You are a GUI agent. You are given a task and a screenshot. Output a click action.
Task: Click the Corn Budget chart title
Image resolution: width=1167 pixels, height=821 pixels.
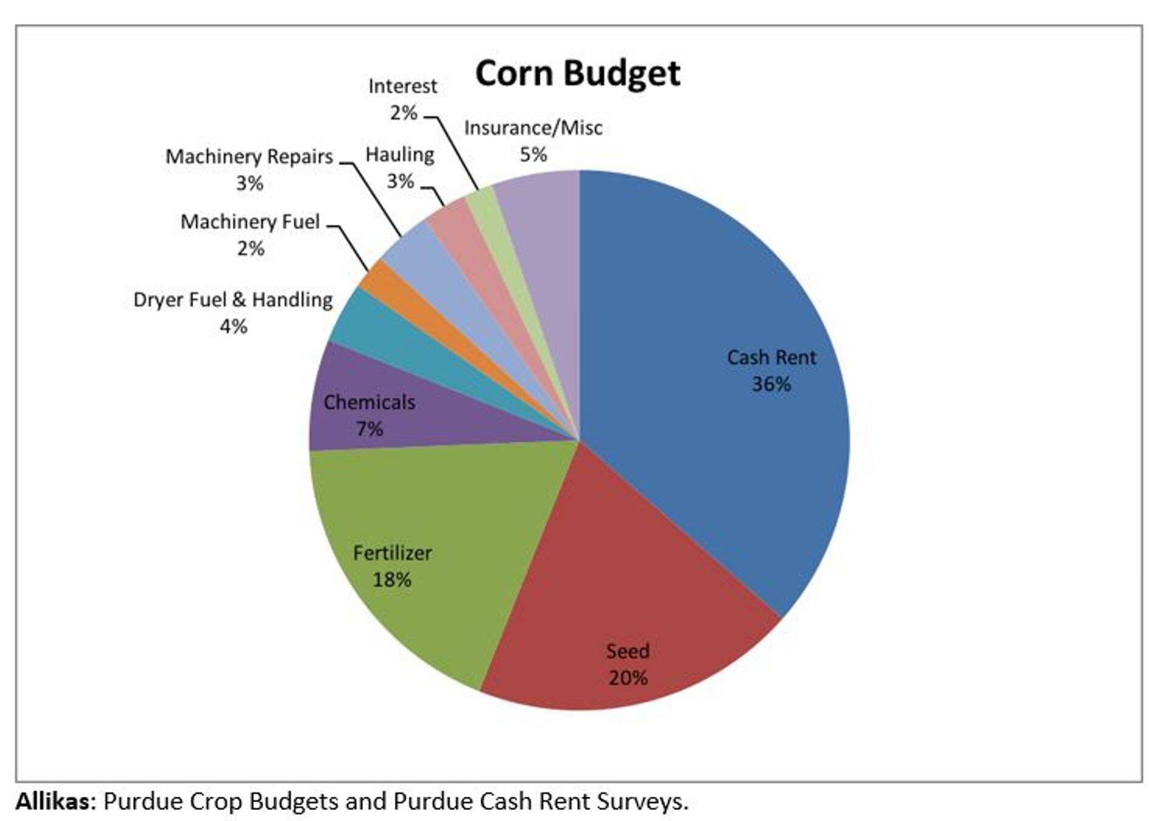(577, 74)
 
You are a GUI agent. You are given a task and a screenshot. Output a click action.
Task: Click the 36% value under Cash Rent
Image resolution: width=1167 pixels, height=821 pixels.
(771, 384)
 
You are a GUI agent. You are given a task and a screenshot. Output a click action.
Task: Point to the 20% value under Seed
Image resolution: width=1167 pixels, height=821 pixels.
(628, 678)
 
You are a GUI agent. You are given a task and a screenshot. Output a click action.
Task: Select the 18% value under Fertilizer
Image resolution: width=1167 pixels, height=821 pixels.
(392, 579)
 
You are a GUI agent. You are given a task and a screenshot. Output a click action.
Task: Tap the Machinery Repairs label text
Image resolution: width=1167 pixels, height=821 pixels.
(249, 157)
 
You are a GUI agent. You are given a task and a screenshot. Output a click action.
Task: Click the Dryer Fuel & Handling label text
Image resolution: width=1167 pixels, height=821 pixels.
(233, 300)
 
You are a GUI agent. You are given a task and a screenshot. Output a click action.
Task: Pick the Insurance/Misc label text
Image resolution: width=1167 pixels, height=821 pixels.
(533, 128)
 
